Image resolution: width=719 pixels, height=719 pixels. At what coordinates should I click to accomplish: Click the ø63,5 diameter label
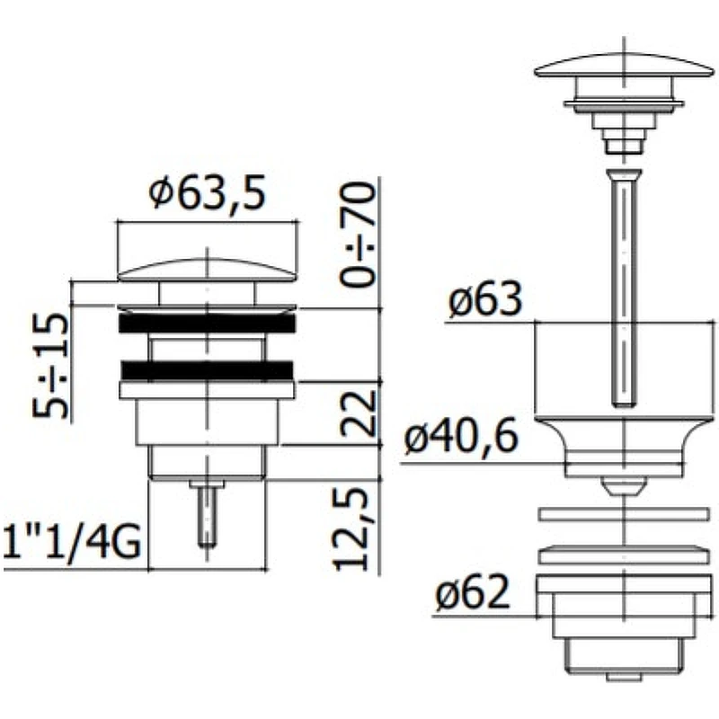tap(208, 193)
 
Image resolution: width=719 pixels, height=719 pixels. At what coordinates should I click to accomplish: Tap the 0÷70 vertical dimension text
tap(358, 235)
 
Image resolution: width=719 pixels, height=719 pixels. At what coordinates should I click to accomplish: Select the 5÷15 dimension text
tap(50, 366)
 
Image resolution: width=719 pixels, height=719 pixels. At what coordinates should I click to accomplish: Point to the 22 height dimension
tap(358, 413)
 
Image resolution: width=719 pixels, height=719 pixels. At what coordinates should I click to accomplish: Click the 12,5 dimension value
tap(351, 528)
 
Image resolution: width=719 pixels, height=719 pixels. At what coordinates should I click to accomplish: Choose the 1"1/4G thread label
tap(72, 543)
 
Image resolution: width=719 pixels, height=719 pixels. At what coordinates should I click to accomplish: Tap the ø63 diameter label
tap(485, 299)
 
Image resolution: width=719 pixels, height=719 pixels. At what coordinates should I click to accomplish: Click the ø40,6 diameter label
tap(461, 436)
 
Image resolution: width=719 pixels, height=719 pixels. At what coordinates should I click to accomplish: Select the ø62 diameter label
tap(473, 591)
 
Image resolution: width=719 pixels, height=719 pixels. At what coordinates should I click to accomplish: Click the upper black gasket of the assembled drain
tap(207, 323)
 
